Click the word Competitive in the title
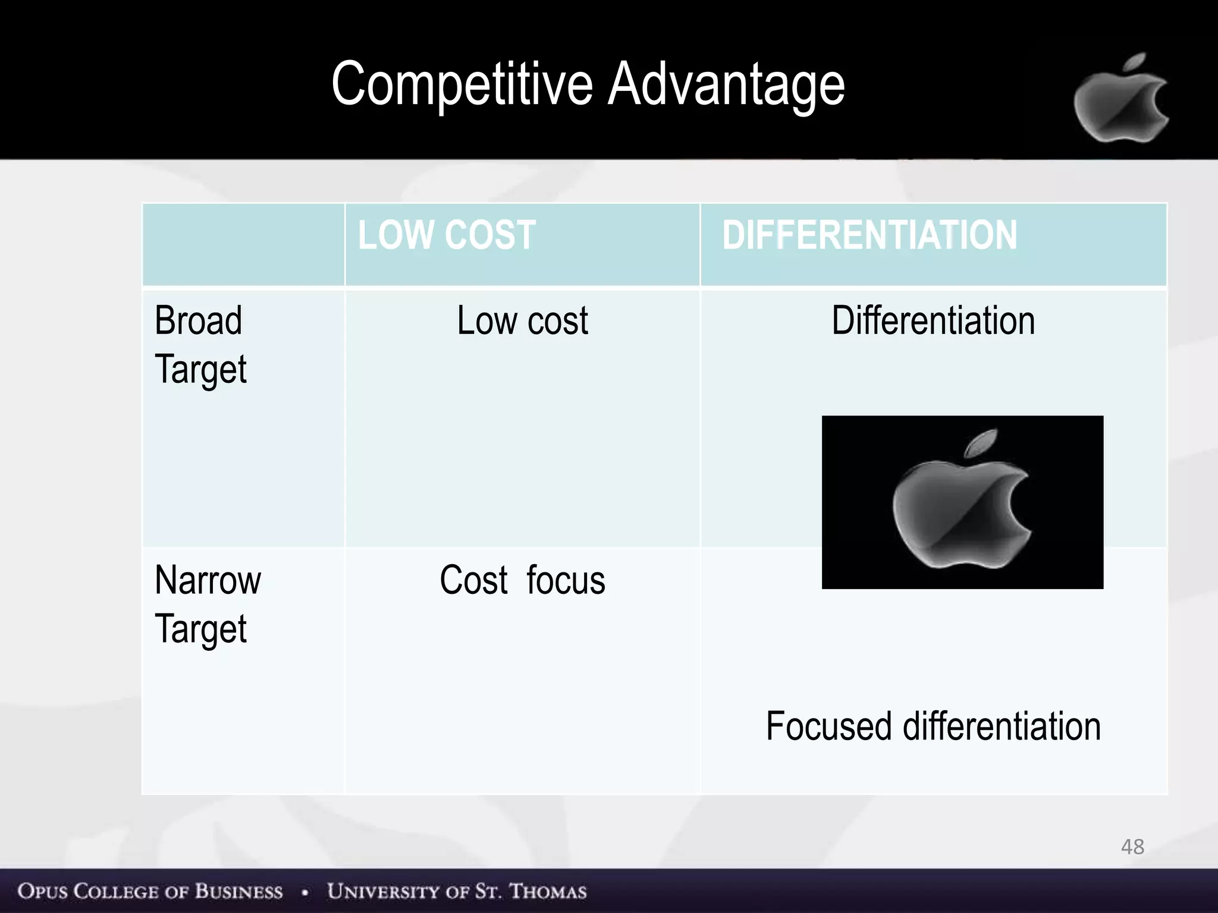tap(462, 85)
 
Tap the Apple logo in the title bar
tap(1120, 100)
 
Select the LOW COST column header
tap(447, 235)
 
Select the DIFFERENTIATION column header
tap(869, 235)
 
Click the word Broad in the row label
tap(198, 321)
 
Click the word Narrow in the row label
tap(208, 580)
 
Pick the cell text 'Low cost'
tap(522, 321)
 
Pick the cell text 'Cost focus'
tap(522, 580)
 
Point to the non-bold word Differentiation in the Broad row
tap(933, 321)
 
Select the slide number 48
tap(1132, 846)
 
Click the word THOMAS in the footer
tap(548, 891)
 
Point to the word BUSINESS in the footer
tap(238, 891)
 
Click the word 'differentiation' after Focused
tap(1002, 726)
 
